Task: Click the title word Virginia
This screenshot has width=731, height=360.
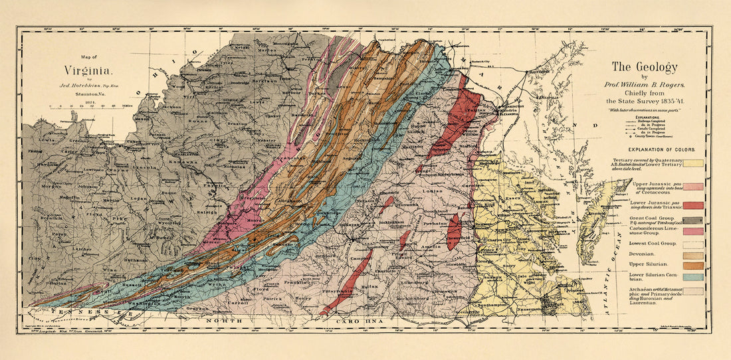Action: point(88,70)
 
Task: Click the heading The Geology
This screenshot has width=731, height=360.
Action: point(644,67)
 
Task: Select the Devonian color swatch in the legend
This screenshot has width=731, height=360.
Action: point(692,255)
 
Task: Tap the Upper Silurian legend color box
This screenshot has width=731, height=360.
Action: point(692,266)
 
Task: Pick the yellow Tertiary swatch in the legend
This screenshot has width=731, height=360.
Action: point(692,163)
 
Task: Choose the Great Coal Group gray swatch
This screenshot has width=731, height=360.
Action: point(692,221)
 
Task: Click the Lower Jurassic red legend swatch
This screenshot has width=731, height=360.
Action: point(692,205)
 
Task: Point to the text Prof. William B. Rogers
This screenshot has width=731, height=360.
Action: point(644,84)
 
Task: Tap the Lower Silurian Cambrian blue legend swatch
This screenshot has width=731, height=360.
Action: point(692,276)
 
